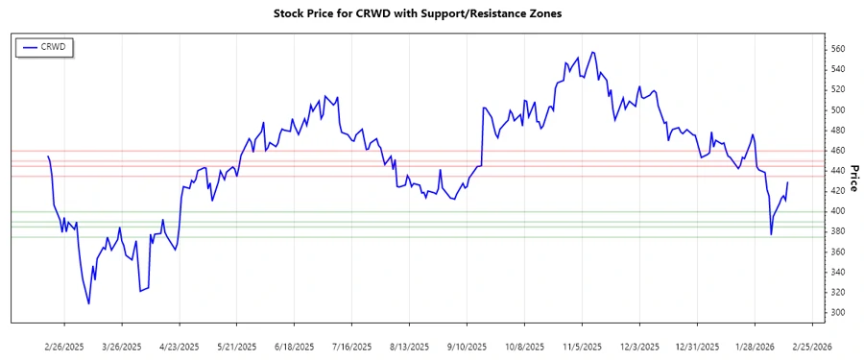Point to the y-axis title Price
[x=852, y=178]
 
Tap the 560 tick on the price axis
[x=838, y=49]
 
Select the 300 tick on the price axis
[x=838, y=313]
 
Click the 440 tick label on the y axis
[x=838, y=171]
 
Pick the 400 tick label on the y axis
[x=838, y=211]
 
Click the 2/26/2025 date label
[x=64, y=346]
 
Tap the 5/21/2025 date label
[x=237, y=346]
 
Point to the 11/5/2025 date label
[x=583, y=346]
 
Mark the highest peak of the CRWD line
[x=592, y=52]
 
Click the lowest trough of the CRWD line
[x=89, y=304]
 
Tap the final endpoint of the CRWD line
[x=788, y=182]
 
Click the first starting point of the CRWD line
[x=48, y=156]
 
